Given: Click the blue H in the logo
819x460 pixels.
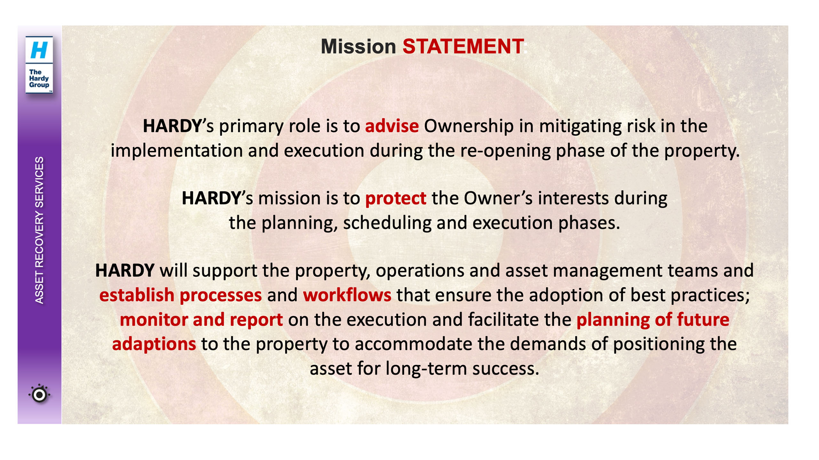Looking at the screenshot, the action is [x=39, y=50].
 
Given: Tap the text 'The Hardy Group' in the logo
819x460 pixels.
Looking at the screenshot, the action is [x=39, y=78].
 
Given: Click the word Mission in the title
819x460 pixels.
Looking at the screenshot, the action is [x=358, y=46].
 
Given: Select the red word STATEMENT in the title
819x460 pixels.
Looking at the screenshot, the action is [x=463, y=46].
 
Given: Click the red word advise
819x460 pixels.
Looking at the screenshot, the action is [x=392, y=126].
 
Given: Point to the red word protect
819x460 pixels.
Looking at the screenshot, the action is [x=396, y=198].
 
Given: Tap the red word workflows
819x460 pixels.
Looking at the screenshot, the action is [x=347, y=295].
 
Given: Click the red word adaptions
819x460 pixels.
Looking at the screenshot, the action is [x=154, y=344].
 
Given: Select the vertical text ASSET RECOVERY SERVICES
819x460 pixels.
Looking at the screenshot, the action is [x=39, y=230].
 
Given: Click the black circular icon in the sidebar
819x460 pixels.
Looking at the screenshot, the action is [x=39, y=395].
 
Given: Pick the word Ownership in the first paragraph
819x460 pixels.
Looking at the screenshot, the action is [x=469, y=126].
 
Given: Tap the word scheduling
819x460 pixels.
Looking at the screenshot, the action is [x=387, y=223].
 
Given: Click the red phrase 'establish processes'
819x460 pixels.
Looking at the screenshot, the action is [x=180, y=295].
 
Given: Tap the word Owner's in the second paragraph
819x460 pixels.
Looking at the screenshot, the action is [x=498, y=198].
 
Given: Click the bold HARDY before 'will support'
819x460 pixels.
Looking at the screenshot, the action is [x=125, y=270].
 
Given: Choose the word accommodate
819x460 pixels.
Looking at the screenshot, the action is [x=413, y=344].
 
